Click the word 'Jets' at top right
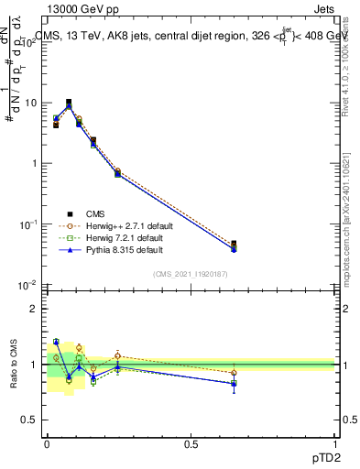click(326, 9)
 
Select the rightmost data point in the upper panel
click(234, 245)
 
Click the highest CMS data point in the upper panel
click(69, 103)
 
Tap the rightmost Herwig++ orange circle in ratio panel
click(234, 373)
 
